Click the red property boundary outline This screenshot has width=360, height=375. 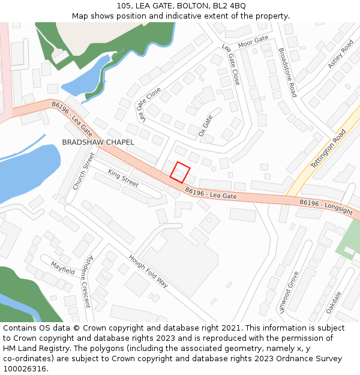click(180, 172)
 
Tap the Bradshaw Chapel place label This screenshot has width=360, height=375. click(98, 142)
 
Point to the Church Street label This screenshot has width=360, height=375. click(84, 171)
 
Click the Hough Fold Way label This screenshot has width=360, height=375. click(148, 271)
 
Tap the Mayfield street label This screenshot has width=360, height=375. click(62, 268)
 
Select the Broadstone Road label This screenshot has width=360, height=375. click(287, 73)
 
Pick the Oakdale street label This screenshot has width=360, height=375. click(333, 302)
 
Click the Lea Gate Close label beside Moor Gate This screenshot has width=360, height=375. click(231, 64)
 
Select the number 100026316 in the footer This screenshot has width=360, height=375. click(25, 369)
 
